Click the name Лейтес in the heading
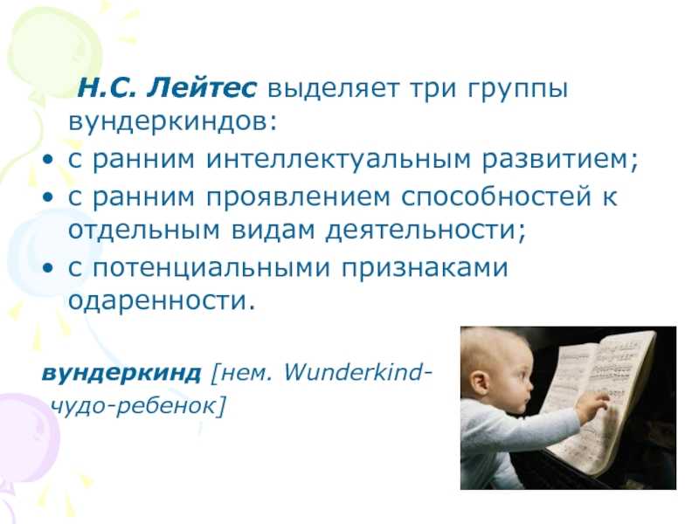(203, 88)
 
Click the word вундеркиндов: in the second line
(173, 121)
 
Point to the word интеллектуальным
(338, 159)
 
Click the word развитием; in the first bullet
(561, 159)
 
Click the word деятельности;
(426, 231)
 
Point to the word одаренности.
(162, 301)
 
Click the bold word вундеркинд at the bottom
(121, 374)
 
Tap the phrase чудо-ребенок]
(138, 406)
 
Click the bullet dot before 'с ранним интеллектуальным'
(47, 160)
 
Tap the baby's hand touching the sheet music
(594, 403)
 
